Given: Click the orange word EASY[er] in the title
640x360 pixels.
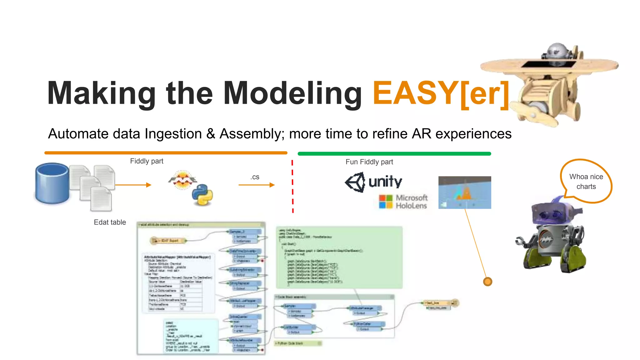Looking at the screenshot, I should (441, 93).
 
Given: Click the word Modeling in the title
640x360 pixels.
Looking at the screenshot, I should (292, 93).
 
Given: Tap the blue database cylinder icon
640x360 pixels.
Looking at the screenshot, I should (52, 183).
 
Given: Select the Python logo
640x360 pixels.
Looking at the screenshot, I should (202, 195).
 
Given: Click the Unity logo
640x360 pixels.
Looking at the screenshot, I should (373, 182).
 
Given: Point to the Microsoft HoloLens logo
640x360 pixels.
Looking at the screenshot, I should (403, 202).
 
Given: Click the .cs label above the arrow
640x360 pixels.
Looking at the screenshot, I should (255, 177).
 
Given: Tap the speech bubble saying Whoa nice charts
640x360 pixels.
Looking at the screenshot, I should (586, 182).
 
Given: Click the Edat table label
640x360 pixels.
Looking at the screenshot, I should (110, 222).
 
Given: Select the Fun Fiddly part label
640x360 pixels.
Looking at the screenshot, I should (369, 162).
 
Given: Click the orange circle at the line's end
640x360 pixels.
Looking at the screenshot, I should (487, 282).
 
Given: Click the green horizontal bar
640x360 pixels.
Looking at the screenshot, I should (394, 154).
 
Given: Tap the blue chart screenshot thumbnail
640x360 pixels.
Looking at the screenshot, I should (464, 192).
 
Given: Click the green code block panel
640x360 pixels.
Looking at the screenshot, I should (339, 257).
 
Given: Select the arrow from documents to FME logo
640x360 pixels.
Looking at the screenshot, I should (133, 185).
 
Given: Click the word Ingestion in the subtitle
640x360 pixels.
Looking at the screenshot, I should (173, 134).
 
